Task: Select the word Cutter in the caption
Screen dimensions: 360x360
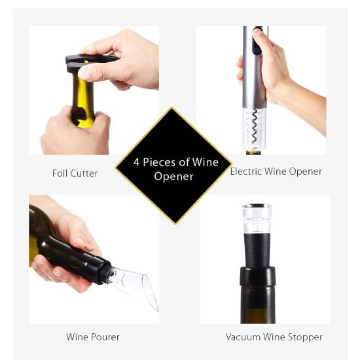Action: [x=84, y=173]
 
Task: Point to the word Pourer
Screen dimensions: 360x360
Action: [x=105, y=337]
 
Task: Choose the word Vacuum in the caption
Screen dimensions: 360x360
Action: [x=243, y=337]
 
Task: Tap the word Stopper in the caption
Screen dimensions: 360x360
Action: [x=306, y=337]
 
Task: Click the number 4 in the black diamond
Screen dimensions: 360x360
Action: [x=137, y=162]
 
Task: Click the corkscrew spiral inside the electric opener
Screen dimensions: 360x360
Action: [x=255, y=126]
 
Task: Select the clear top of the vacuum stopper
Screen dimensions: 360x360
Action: [x=257, y=218]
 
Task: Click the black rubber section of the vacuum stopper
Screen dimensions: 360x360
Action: [x=257, y=250]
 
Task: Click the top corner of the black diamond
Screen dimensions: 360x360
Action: [x=171, y=107]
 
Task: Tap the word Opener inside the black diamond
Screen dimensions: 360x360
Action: [x=173, y=177]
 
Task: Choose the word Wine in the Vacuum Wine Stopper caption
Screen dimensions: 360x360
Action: [x=274, y=337]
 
